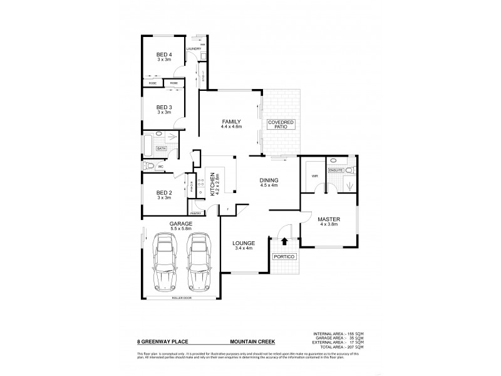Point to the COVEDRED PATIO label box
(x=279, y=124)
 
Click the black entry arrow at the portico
(x=285, y=241)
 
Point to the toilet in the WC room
(x=148, y=167)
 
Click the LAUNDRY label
(x=193, y=48)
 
